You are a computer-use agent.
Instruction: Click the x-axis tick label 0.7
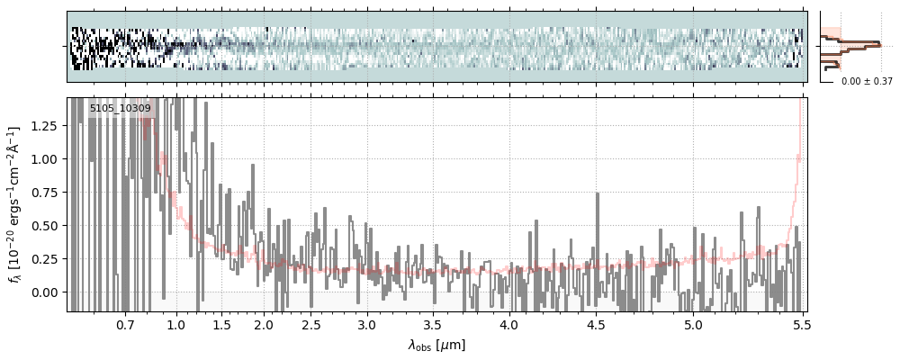click(x=125, y=324)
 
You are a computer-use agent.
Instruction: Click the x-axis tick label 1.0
click(x=176, y=324)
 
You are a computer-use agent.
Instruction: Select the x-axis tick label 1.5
click(x=220, y=324)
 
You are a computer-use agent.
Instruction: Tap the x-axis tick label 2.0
click(x=264, y=324)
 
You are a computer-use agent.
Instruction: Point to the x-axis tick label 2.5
click(x=310, y=324)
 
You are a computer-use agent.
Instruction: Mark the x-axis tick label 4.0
click(x=509, y=324)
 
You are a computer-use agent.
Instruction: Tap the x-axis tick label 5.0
click(x=693, y=324)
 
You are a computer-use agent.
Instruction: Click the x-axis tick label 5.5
click(x=800, y=324)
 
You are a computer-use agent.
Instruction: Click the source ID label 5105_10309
click(x=120, y=108)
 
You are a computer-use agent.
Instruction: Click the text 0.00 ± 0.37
click(x=867, y=81)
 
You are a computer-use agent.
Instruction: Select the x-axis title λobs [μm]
click(x=436, y=345)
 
